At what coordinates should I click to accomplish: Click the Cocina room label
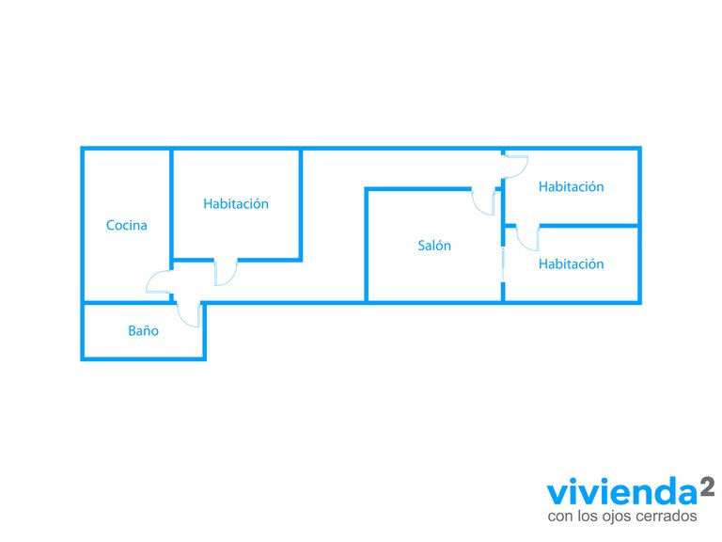[126, 225]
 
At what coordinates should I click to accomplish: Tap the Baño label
[143, 331]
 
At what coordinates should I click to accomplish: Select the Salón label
[434, 246]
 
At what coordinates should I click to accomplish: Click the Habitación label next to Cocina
[236, 203]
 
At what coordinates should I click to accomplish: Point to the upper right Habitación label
[571, 186]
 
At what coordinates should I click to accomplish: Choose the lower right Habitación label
[571, 263]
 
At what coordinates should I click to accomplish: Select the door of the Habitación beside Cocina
[226, 272]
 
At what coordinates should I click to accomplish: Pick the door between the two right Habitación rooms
[526, 238]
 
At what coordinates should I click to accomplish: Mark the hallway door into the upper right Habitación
[515, 165]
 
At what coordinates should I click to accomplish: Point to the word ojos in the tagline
[617, 518]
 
